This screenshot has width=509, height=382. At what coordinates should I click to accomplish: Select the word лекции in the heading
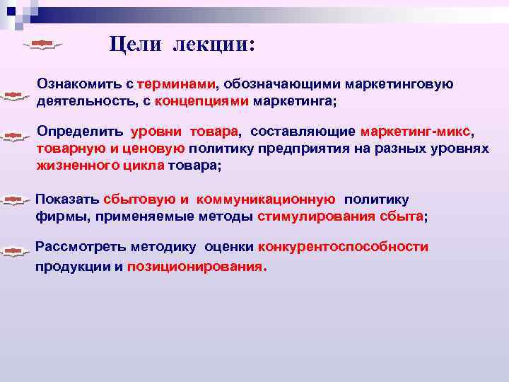tap(210, 45)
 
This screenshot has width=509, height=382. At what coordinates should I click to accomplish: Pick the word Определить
tap(80, 132)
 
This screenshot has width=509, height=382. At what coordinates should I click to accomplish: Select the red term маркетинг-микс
tap(414, 132)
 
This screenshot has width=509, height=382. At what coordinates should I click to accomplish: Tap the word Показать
tap(66, 199)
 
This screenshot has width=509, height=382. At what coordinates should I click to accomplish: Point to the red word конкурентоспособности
tap(343, 247)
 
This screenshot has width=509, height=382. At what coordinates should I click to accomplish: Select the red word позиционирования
tap(195, 268)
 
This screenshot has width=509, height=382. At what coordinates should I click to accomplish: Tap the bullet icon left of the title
tap(42, 45)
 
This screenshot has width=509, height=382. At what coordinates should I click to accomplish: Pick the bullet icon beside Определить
tap(13, 134)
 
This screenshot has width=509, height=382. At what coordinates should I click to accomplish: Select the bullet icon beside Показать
tap(13, 201)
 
